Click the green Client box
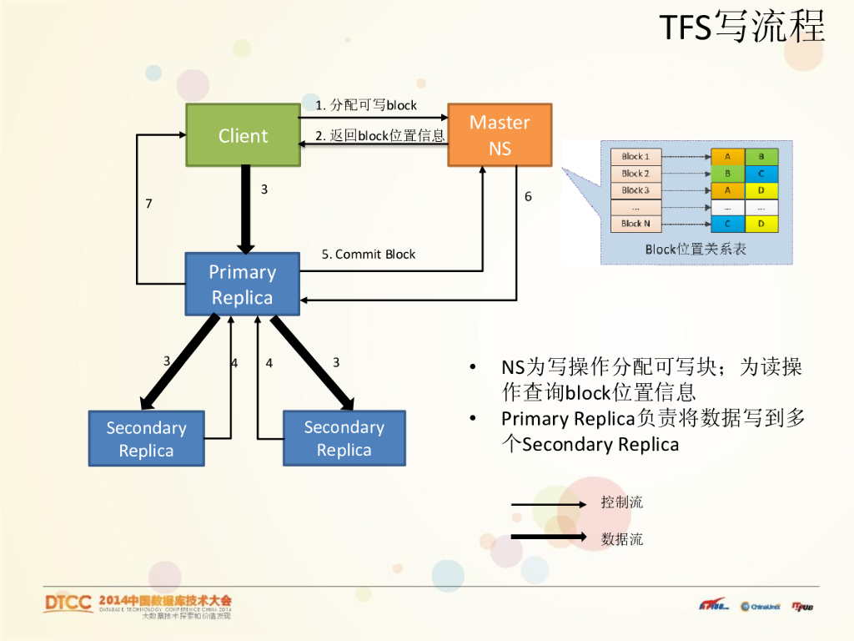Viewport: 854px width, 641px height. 243,135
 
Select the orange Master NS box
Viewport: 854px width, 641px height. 500,135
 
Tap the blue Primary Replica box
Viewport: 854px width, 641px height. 242,285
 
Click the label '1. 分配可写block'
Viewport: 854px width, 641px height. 366,105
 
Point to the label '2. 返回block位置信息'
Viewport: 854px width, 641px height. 379,135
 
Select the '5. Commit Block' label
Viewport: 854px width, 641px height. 369,254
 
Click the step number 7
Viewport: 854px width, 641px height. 148,203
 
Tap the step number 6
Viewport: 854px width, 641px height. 528,196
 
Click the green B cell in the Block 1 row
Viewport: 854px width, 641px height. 761,156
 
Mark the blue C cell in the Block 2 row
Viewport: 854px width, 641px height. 761,174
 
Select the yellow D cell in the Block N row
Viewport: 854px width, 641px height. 761,224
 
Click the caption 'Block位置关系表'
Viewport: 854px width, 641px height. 696,249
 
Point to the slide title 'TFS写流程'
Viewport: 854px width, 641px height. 742,28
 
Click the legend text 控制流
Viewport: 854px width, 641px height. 622,502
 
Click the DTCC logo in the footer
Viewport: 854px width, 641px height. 68,603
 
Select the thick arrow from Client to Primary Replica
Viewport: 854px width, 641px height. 245,209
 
